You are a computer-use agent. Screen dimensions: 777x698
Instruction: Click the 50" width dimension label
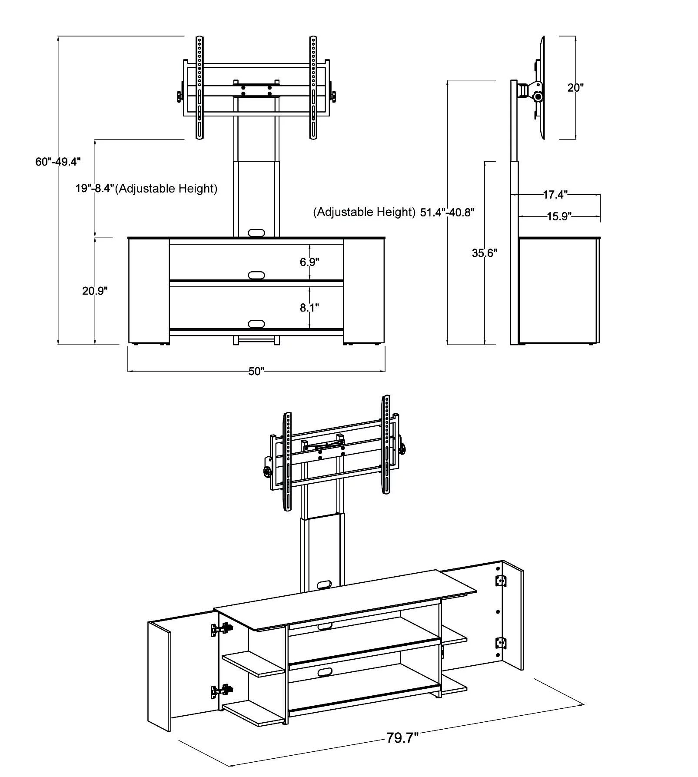pos(256,372)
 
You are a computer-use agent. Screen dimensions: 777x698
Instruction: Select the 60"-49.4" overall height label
pos(58,162)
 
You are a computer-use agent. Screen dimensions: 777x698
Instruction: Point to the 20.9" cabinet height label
pos(95,291)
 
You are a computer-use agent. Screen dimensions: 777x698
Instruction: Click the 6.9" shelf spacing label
pos(309,262)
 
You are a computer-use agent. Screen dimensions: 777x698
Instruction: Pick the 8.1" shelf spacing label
pos(309,308)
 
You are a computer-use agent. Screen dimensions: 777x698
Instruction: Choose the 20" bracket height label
pos(575,88)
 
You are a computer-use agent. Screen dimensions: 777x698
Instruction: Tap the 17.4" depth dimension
pos(555,195)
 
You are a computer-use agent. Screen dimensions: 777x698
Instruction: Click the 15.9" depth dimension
pos(558,216)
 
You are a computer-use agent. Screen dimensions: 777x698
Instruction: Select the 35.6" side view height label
pos(485,253)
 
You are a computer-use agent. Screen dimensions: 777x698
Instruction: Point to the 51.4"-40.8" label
pos(447,213)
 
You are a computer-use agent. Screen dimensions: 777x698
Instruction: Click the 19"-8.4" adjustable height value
pos(94,189)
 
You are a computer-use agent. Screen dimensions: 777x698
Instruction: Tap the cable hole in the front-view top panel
pos(256,233)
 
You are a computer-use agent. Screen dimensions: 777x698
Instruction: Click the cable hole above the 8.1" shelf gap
pos(256,276)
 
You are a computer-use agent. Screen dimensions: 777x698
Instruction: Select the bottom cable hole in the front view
pos(256,324)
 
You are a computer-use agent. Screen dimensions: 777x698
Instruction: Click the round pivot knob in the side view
pos(538,97)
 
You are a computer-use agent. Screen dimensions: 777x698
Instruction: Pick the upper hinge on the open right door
pos(501,581)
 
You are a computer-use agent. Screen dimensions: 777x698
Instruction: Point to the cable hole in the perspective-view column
pos(324,585)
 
